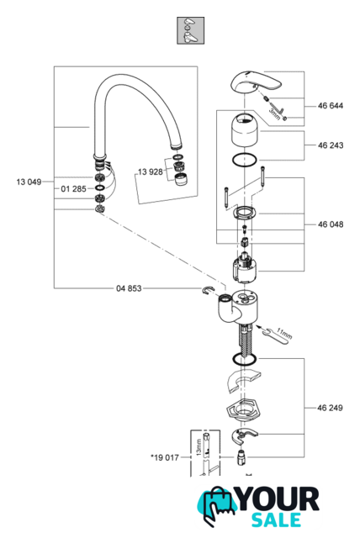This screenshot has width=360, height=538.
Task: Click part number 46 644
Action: pyautogui.click(x=331, y=106)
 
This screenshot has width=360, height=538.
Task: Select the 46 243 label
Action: pyautogui.click(x=331, y=145)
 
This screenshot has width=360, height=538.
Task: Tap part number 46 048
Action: pyautogui.click(x=331, y=224)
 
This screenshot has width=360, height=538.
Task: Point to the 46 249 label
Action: pyautogui.click(x=331, y=408)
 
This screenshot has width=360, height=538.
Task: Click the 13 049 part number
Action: pyautogui.click(x=29, y=182)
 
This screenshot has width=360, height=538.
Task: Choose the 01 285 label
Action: pyautogui.click(x=73, y=188)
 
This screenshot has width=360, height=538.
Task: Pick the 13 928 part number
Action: pyautogui.click(x=151, y=171)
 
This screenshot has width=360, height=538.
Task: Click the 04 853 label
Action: pyautogui.click(x=129, y=288)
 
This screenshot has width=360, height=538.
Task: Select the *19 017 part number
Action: pyautogui.click(x=165, y=457)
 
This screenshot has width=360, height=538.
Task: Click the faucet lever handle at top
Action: pyautogui.click(x=255, y=82)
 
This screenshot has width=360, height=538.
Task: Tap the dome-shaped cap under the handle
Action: pyautogui.click(x=245, y=130)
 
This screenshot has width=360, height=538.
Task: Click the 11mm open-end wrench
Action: pyautogui.click(x=277, y=335)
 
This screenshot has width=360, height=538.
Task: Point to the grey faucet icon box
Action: pyautogui.click(x=190, y=30)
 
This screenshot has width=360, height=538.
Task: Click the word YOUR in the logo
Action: pyautogui.click(x=278, y=499)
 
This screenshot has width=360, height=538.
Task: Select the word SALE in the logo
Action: pyautogui.click(x=277, y=520)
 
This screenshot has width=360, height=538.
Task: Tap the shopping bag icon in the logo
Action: pyautogui.click(x=216, y=507)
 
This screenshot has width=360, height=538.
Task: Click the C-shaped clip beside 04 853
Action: pyautogui.click(x=208, y=290)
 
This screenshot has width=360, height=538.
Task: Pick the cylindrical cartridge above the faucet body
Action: pyautogui.click(x=245, y=268)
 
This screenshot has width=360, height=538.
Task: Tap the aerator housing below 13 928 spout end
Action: pyautogui.click(x=180, y=179)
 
